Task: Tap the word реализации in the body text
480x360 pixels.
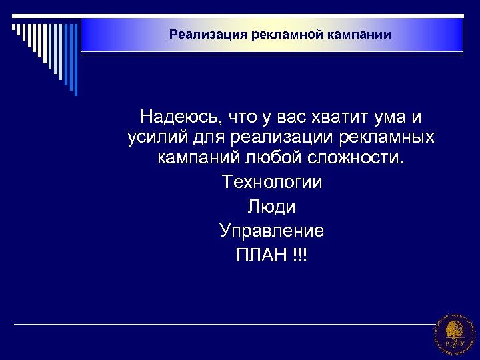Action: [270, 138]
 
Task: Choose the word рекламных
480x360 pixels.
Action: [383, 138]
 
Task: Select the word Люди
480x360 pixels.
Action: [271, 207]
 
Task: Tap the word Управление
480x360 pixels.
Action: [271, 231]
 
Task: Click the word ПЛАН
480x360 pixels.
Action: [261, 255]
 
